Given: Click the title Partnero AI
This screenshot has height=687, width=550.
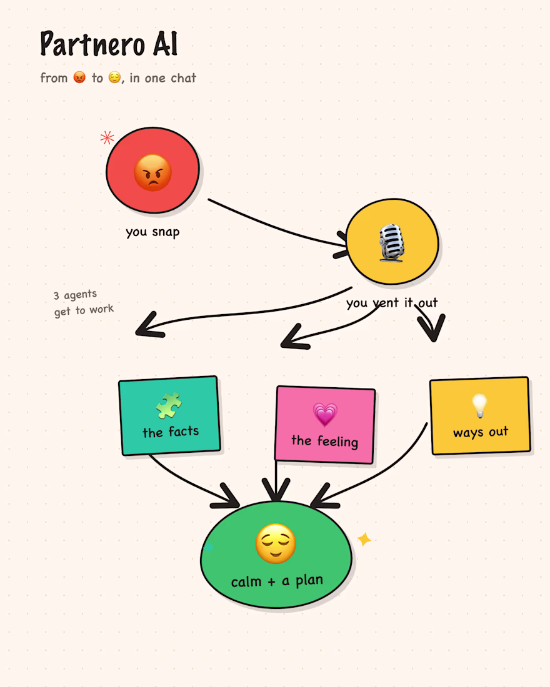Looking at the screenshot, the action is (109, 43).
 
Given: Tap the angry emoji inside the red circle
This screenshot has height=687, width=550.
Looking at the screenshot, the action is (152, 172).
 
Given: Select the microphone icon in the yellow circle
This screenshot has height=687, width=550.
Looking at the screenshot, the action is (391, 243).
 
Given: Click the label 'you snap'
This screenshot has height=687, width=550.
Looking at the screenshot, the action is (152, 232).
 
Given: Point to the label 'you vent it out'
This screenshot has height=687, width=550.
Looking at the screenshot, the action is (392, 303).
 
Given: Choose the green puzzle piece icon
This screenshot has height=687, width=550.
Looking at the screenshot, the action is (168, 405).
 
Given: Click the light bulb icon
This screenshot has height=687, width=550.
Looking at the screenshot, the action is (479, 405).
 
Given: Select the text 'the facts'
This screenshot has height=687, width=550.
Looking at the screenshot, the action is (171, 432).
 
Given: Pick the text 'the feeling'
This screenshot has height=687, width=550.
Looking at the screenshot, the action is (324, 441).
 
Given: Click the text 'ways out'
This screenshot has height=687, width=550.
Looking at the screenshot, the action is (481, 432).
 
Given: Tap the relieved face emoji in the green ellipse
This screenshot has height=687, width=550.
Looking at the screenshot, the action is (276, 543).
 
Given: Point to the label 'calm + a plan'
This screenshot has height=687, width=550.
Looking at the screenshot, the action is (277, 581).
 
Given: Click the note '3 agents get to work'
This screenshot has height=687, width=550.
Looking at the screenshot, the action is (83, 303).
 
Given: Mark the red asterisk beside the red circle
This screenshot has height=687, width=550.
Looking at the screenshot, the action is (107, 137).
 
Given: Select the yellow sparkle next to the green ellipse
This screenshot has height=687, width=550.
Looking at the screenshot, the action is (364, 540).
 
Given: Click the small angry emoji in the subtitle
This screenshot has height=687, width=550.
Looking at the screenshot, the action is (79, 77).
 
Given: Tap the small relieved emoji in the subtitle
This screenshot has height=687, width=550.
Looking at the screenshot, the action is (114, 77).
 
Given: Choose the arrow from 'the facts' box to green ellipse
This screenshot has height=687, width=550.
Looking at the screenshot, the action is (189, 483).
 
